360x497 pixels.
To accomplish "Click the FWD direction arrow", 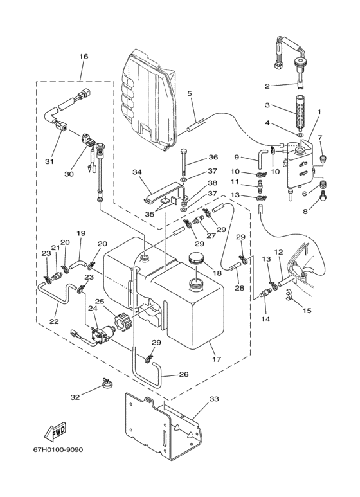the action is [x=55, y=431].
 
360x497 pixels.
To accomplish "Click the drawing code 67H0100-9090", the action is [x=59, y=450].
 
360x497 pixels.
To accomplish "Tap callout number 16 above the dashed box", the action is [x=84, y=57].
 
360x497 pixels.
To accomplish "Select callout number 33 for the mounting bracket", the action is [x=214, y=399].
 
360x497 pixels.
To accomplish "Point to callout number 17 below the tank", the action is [x=217, y=359].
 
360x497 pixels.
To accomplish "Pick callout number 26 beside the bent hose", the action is [x=184, y=374].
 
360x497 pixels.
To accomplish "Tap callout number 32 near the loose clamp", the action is [x=75, y=397].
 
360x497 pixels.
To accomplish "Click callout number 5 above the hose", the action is [x=190, y=93].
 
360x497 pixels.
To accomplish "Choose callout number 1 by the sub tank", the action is [x=319, y=112].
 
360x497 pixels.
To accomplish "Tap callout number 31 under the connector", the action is [x=49, y=161].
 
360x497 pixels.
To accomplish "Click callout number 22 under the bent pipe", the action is [x=54, y=321].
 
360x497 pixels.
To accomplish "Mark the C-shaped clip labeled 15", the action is [x=289, y=294].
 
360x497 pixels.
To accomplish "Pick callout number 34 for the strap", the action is [x=137, y=172].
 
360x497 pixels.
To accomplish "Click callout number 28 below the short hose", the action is [x=240, y=287].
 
